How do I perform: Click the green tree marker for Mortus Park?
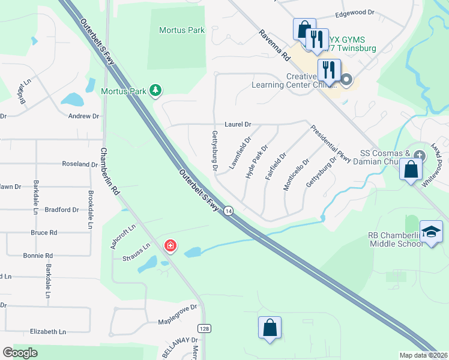click(156, 91)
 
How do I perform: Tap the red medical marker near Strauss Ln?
click(170, 245)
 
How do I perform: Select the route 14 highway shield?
click(228, 211)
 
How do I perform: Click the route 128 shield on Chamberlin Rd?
click(204, 328)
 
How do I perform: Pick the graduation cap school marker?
click(431, 233)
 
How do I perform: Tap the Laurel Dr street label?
click(238, 124)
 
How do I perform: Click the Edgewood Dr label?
click(355, 12)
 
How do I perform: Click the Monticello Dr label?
click(296, 173)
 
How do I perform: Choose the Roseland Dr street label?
click(80, 163)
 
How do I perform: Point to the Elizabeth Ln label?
click(47, 331)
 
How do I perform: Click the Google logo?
click(20, 353)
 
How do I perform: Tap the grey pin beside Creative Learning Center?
click(347, 79)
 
